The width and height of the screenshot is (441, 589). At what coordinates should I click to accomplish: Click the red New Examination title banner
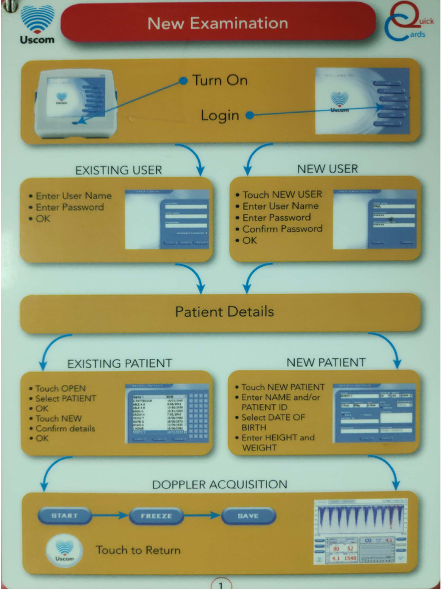click(x=218, y=23)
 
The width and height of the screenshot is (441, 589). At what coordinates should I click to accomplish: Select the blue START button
click(x=65, y=515)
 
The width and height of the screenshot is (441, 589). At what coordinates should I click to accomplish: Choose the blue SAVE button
click(x=248, y=516)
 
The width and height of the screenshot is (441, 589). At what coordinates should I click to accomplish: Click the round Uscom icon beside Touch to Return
click(x=64, y=550)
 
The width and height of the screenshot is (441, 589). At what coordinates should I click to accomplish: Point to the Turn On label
click(x=219, y=81)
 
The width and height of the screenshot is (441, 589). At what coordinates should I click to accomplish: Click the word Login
click(x=219, y=116)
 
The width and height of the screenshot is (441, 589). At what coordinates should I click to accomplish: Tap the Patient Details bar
click(x=224, y=312)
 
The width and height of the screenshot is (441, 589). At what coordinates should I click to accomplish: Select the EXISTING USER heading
click(x=119, y=170)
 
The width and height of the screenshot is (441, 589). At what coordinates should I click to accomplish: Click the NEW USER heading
click(x=327, y=169)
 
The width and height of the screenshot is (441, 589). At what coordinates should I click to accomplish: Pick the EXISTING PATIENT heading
click(x=119, y=364)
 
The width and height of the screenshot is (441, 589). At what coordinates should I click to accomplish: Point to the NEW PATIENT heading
click(x=326, y=362)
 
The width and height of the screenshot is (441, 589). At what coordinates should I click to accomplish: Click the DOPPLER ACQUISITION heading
click(x=219, y=484)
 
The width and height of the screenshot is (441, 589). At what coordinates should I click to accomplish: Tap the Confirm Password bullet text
click(x=282, y=229)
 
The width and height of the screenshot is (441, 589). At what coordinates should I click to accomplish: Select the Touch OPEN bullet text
click(x=60, y=388)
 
